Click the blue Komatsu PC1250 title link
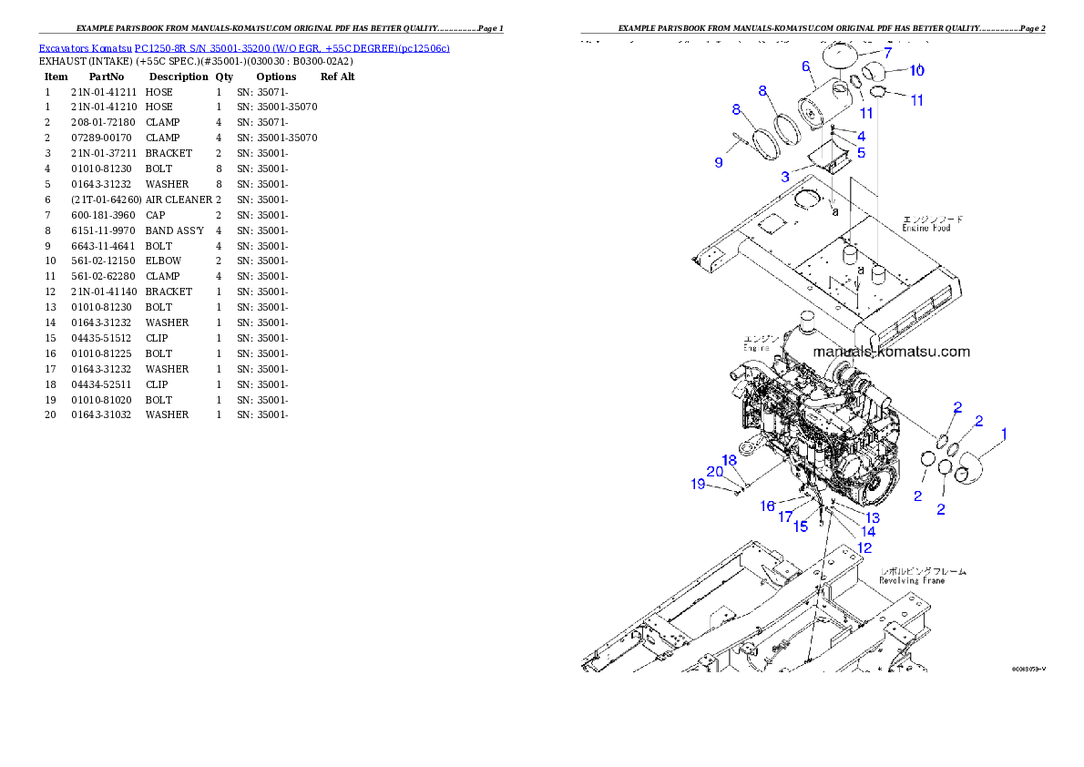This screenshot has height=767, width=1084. coord(244,47)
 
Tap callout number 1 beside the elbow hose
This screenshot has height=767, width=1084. coord(1004,435)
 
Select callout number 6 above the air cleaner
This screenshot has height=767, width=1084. coord(806,66)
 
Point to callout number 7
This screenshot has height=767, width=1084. coord(887,53)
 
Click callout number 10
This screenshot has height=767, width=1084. coord(916,70)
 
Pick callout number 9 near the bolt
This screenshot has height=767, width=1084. coord(719,163)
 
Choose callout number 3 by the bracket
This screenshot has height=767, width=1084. coord(784,176)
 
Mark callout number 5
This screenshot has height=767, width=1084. coord(861,152)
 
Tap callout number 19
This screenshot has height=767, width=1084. coord(699,485)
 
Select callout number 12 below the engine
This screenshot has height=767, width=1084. coord(864,547)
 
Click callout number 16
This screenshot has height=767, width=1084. coord(768,506)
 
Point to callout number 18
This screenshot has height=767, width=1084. coord(730,460)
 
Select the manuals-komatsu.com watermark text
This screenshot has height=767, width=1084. coord(891,352)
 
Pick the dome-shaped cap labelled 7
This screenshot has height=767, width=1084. coord(844,56)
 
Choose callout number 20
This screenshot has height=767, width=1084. coord(715,472)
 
